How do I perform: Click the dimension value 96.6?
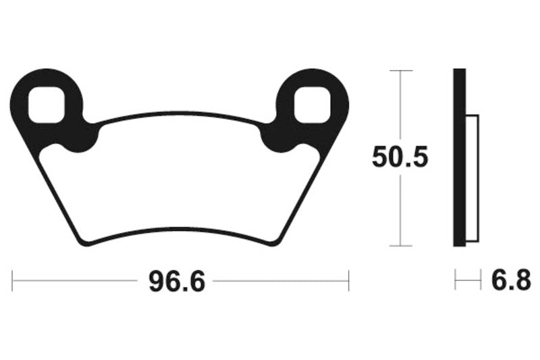(176, 280)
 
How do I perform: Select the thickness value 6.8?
(510, 280)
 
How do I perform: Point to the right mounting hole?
(313, 105)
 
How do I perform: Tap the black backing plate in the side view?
(459, 158)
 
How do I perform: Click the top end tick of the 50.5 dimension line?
(401, 70)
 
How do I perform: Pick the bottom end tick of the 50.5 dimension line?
(401, 246)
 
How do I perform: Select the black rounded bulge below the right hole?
(277, 138)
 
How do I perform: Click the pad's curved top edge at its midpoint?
(180, 113)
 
